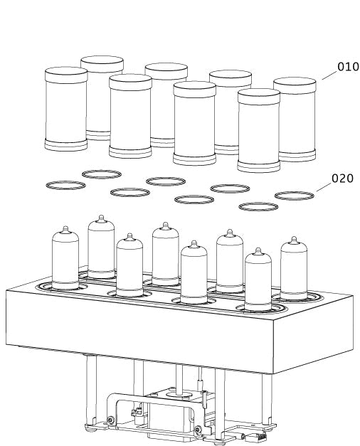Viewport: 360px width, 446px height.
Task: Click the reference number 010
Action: click(348, 67)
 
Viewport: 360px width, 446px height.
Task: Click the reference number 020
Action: click(342, 179)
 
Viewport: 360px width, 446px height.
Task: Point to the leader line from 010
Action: click(329, 75)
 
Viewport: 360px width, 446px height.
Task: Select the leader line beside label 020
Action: click(323, 187)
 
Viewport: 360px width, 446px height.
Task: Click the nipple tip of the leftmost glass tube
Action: click(65, 228)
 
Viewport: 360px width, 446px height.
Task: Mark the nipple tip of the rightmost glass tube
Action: click(294, 238)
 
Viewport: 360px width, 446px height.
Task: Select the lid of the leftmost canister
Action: click(66, 75)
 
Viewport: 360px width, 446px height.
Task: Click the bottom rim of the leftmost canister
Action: click(66, 145)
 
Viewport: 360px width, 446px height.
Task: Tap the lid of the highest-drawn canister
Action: click(102, 63)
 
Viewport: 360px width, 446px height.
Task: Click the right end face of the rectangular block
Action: click(313, 334)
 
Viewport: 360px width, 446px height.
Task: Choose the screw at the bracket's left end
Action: click(110, 420)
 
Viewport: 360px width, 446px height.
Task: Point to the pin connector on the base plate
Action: click(258, 435)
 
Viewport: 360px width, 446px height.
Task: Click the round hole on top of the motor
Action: click(178, 395)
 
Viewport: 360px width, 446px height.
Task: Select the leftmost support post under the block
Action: click(91, 391)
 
